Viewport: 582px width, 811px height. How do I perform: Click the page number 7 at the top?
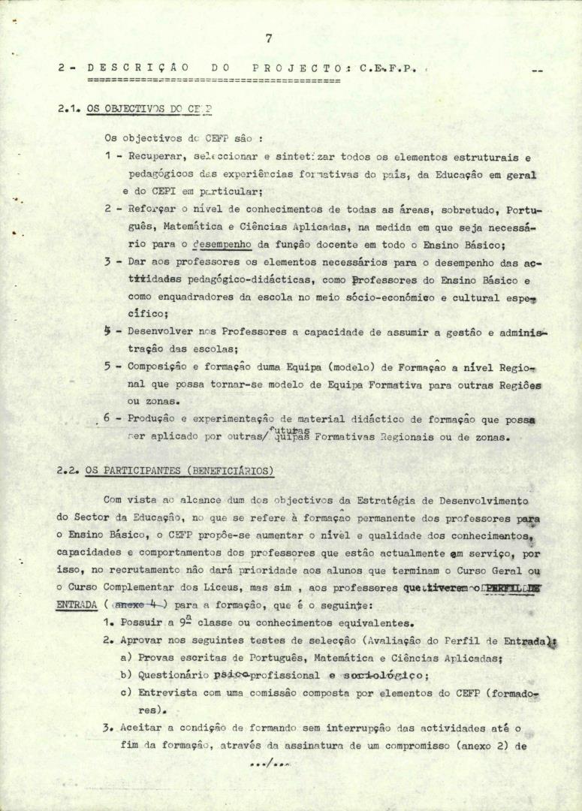[269, 38]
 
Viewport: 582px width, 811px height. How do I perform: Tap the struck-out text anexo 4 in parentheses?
[137, 606]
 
